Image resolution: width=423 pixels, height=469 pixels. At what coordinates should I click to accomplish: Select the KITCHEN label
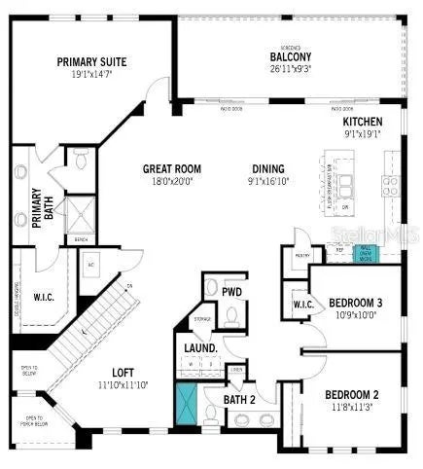tap(363, 121)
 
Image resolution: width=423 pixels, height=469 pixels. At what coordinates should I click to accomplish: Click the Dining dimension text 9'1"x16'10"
tap(268, 179)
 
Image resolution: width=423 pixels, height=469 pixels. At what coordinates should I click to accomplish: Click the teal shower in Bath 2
tap(186, 404)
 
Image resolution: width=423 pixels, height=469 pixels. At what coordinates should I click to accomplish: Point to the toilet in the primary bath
tap(81, 157)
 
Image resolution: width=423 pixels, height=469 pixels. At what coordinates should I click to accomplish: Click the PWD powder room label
tap(231, 291)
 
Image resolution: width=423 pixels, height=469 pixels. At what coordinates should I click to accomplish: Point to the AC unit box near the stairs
tap(89, 265)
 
